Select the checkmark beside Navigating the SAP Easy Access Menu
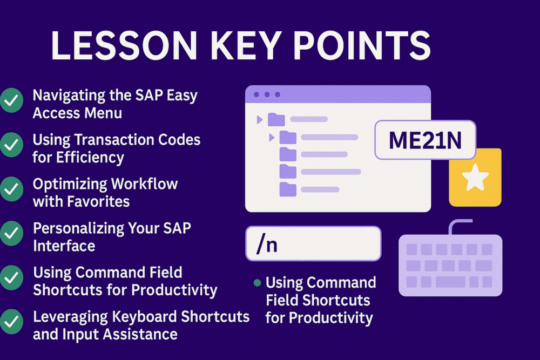(x=11, y=101)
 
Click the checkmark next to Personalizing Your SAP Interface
(x=11, y=233)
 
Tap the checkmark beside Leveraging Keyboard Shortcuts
(x=11, y=322)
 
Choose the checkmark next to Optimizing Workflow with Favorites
(x=11, y=189)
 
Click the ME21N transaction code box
(x=425, y=140)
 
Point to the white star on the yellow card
(x=476, y=178)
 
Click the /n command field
(x=313, y=243)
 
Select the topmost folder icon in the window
(x=276, y=119)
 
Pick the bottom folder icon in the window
(x=288, y=189)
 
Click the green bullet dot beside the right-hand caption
(x=257, y=283)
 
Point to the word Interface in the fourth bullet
(x=64, y=246)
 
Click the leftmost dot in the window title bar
(x=256, y=94)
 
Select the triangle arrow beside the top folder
(x=260, y=119)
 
